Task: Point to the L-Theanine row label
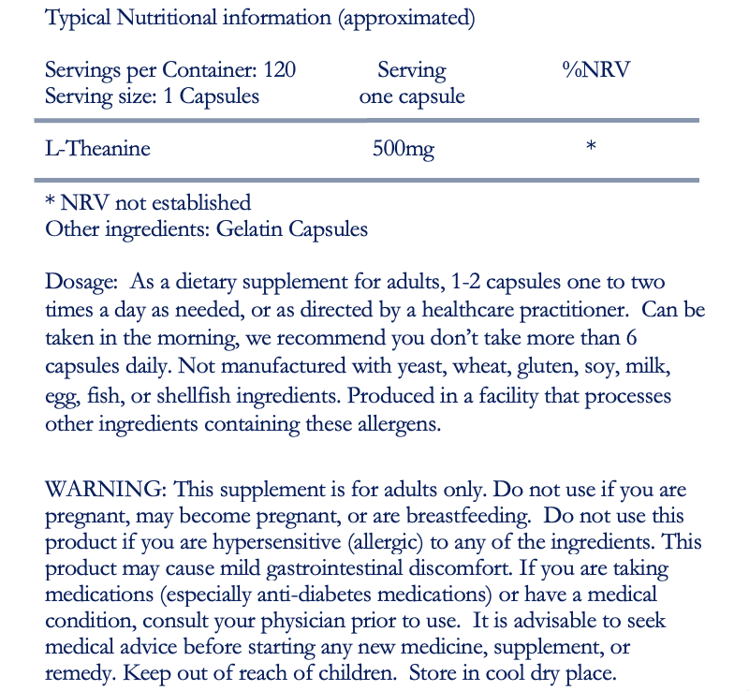tap(98, 148)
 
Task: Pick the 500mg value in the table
tap(404, 149)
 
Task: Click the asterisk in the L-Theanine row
tap(590, 147)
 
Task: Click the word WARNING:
tap(106, 489)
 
